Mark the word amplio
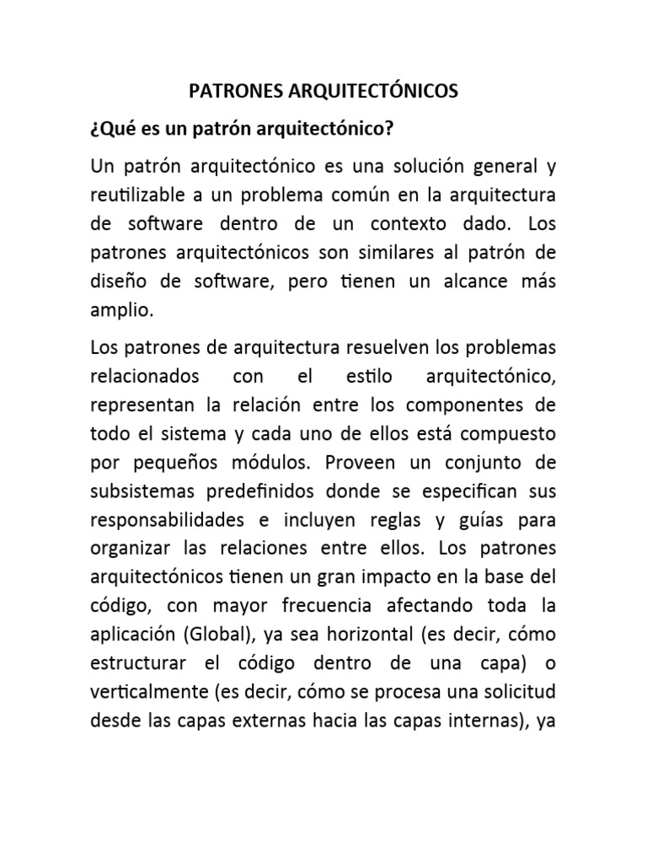pyautogui.click(x=122, y=309)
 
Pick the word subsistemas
pyautogui.click(x=141, y=492)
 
